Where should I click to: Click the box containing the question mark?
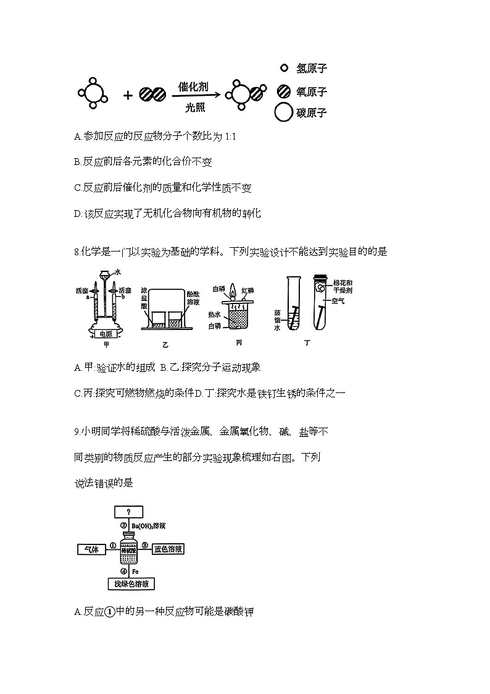[128, 512]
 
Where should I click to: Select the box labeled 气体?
[92, 548]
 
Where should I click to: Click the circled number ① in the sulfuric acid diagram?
[113, 545]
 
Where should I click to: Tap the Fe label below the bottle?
[135, 572]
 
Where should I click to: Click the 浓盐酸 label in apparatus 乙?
[144, 297]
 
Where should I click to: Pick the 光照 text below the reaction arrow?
[194, 106]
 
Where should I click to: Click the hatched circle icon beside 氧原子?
[284, 91]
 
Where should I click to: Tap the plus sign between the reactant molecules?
[128, 95]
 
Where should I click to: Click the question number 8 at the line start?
[75, 252]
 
